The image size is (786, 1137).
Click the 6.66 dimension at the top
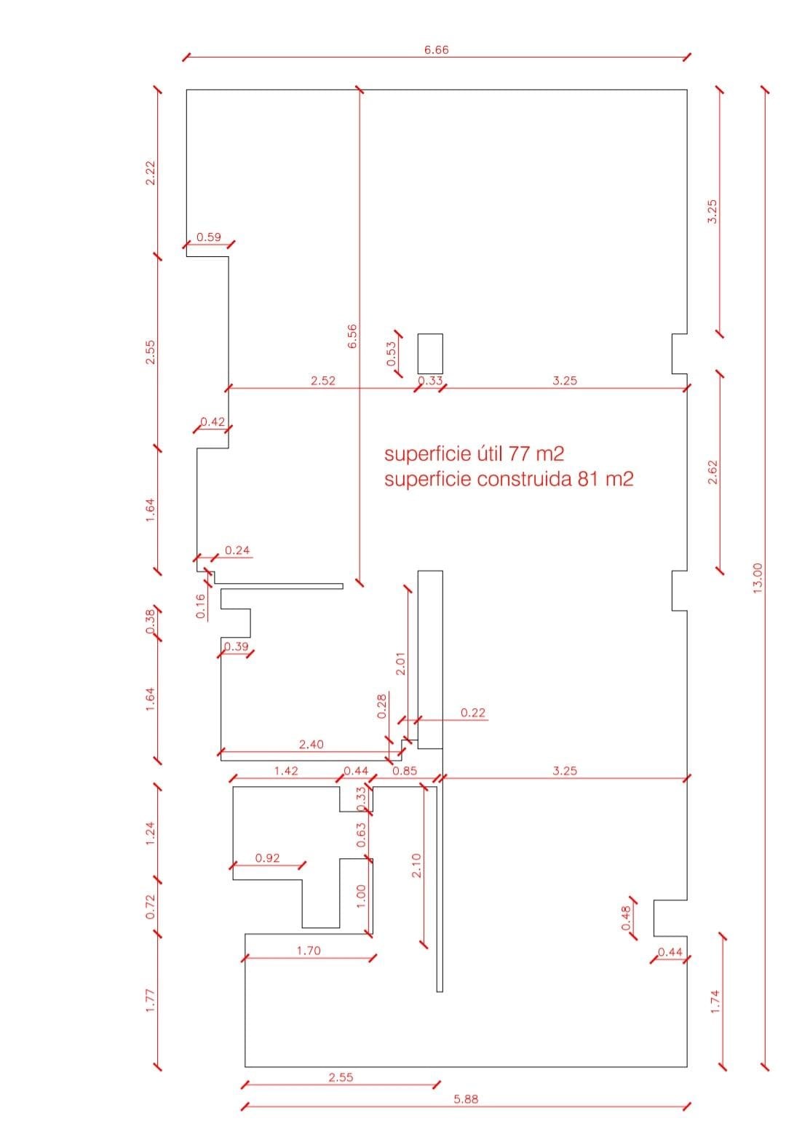tap(436, 49)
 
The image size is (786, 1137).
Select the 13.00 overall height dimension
tap(757, 579)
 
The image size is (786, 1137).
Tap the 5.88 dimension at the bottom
tap(465, 1099)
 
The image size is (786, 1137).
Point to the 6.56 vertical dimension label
tap(352, 336)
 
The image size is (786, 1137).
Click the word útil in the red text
tap(491, 453)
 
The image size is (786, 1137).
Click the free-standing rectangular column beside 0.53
tap(430, 354)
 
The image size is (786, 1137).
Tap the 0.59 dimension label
tap(209, 237)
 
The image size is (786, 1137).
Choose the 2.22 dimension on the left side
tap(151, 173)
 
